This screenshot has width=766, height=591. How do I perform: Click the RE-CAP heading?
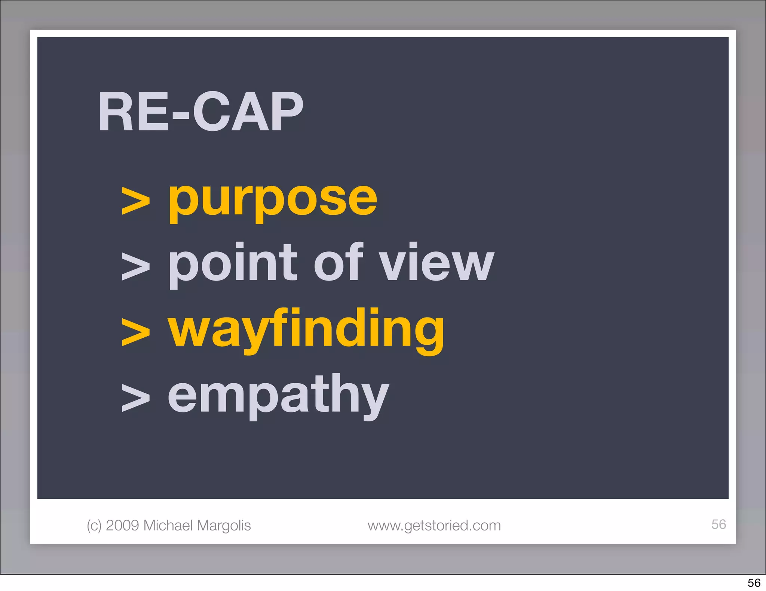[x=200, y=112]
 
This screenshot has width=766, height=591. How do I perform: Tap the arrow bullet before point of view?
[x=136, y=266]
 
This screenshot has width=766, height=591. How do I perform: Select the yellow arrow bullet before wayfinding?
[x=136, y=332]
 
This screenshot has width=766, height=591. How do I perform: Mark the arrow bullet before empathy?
[x=136, y=398]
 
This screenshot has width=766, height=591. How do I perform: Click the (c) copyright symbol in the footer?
[x=94, y=526]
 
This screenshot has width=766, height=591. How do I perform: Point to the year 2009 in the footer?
[x=123, y=525]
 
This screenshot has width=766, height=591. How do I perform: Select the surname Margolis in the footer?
[x=223, y=526]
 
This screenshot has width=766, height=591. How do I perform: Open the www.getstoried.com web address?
[x=434, y=526]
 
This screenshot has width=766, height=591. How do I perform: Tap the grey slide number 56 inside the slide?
[x=718, y=524]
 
